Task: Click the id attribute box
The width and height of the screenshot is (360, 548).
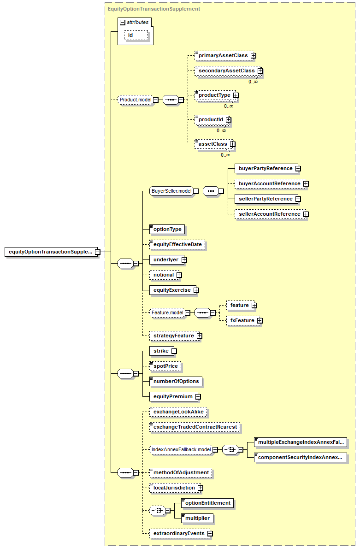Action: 136,35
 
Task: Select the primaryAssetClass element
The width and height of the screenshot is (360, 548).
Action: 223,56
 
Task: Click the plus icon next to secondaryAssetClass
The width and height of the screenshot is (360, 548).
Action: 260,71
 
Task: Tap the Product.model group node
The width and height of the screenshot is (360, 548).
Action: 136,100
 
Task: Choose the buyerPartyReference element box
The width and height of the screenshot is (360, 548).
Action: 266,168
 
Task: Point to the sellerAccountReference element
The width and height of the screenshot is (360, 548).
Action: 270,214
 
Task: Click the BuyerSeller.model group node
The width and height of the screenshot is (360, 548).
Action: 171,191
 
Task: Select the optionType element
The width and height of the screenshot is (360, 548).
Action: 167,229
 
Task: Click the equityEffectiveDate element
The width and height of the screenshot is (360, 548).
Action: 177,245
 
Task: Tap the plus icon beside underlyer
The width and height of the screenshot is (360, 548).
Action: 184,260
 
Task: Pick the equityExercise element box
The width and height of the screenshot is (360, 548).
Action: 173,290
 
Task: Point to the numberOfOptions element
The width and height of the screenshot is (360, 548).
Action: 176,381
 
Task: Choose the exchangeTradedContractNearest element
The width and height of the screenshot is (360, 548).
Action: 195,427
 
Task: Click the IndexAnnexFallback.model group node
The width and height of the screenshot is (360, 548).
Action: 181,449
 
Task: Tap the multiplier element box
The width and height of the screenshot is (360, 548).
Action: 197,519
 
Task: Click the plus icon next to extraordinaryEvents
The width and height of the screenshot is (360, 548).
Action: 210,534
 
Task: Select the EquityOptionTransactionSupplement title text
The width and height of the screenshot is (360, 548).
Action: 154,9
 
